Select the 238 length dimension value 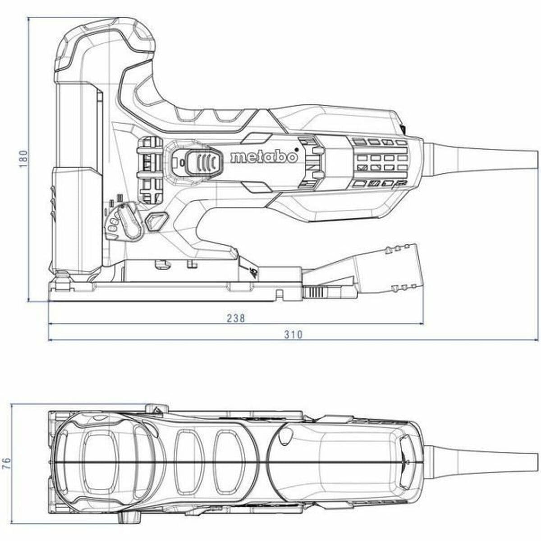tap(236, 318)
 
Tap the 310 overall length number tap(293, 335)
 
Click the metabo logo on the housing tap(263, 157)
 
